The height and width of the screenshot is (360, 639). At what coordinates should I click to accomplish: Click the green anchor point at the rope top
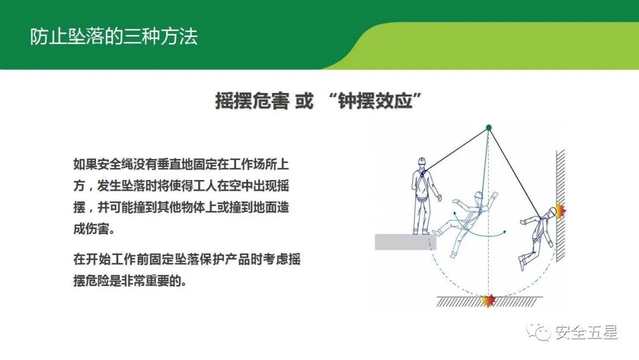point(489,127)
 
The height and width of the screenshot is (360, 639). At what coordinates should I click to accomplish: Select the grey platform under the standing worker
point(405,242)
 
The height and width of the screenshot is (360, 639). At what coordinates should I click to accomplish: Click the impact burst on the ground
point(488,301)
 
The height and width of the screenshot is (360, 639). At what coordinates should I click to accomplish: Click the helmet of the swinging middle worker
point(477,195)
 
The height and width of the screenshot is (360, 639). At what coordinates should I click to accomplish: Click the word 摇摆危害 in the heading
point(252,101)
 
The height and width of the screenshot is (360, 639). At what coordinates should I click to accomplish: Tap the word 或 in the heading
point(304,101)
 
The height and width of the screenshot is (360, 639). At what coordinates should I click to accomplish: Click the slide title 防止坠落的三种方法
point(114,37)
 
